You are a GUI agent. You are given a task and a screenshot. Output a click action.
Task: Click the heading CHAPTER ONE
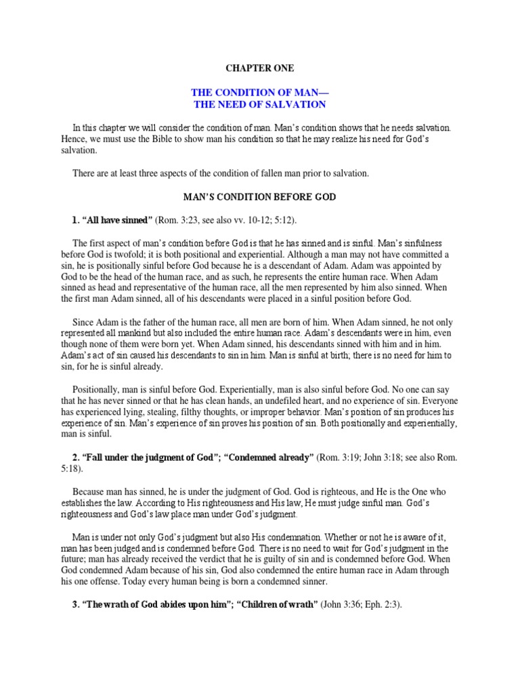click(259, 68)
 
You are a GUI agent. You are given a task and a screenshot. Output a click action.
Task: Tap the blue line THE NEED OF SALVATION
click(260, 104)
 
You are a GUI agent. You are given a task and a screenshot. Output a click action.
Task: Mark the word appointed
click(404, 265)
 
